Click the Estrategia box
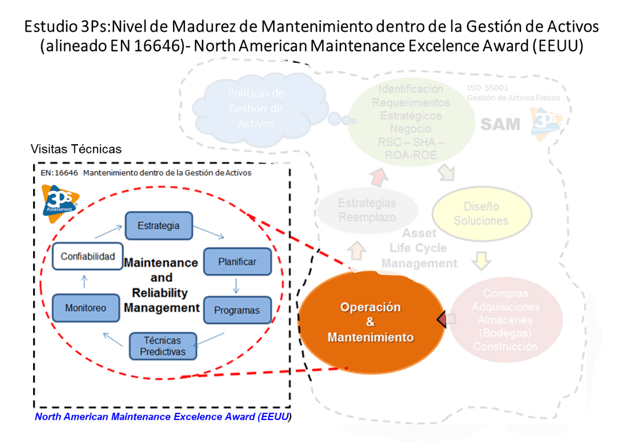tap(159, 225)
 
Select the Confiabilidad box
tap(87, 256)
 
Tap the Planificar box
tap(237, 262)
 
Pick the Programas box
tap(237, 310)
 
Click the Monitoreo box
tap(86, 308)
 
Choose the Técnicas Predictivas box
tap(162, 346)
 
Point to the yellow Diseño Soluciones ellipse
tap(481, 214)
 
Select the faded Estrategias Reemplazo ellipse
tap(367, 210)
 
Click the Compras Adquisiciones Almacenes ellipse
tap(505, 320)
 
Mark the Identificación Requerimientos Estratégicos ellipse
tap(411, 122)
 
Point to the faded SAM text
tap(500, 125)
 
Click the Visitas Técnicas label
tap(76, 149)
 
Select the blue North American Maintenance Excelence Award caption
tap(163, 417)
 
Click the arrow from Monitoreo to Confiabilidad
tap(84, 281)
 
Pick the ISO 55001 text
tap(487, 88)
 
